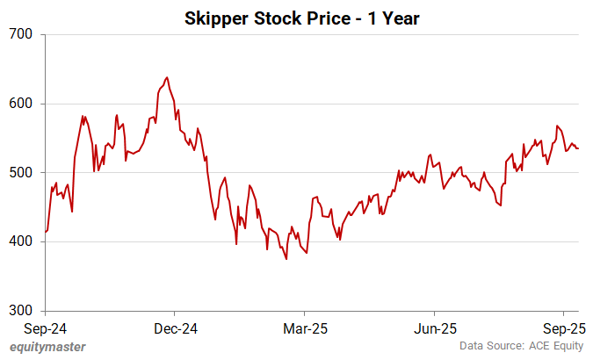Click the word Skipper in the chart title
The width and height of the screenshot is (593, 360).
click(x=214, y=18)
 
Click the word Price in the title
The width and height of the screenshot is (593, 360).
click(x=308, y=18)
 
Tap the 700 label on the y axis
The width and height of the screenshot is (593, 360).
click(x=20, y=34)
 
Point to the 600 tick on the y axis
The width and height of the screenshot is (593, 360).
click(x=20, y=104)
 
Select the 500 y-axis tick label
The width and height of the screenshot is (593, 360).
click(x=20, y=173)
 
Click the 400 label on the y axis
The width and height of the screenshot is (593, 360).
click(x=20, y=242)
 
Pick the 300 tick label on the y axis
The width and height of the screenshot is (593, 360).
click(x=20, y=311)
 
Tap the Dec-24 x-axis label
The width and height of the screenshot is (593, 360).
click(x=174, y=328)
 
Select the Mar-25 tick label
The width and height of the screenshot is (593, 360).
click(x=304, y=328)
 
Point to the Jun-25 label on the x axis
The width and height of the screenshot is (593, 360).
click(x=434, y=328)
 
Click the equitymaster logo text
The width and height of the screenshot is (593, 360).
click(x=47, y=347)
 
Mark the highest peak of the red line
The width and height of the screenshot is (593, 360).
click(x=167, y=77)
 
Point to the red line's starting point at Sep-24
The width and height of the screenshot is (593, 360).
click(x=45, y=232)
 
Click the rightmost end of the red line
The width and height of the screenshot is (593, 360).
click(x=578, y=148)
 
